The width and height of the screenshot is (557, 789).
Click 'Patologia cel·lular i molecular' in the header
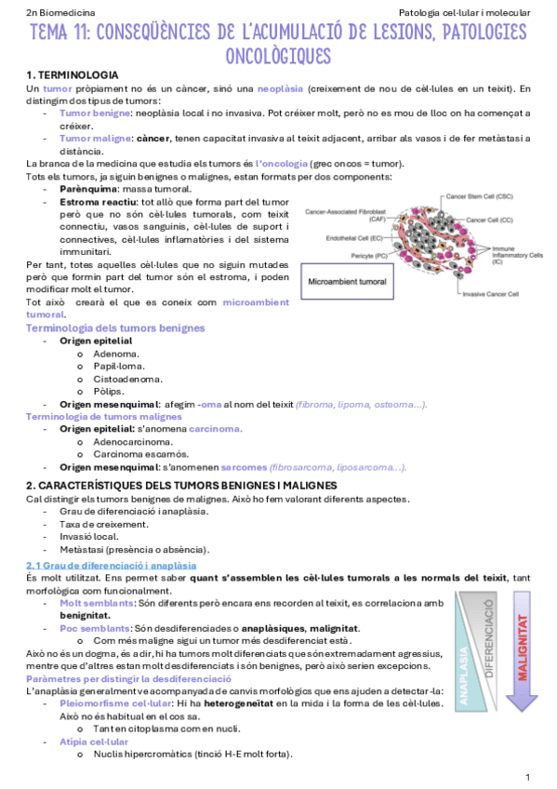[464, 13]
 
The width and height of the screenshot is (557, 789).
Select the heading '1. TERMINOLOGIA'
[72, 74]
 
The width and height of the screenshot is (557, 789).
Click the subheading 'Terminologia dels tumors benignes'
[115, 328]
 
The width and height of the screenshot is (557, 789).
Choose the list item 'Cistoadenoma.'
[128, 379]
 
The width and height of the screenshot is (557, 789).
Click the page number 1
[527, 777]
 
